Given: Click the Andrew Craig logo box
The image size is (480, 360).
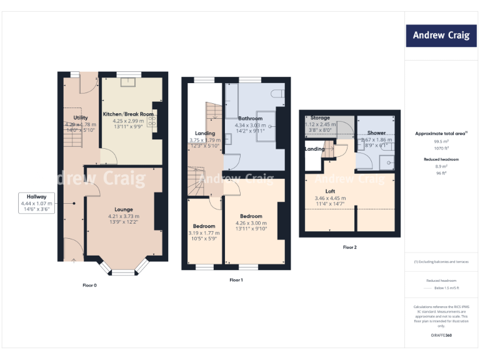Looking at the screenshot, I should (441, 36).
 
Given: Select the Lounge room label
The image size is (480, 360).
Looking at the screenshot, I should (123, 210).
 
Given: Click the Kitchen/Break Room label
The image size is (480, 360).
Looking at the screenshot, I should (128, 114).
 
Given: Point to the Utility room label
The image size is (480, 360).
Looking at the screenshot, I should (81, 117).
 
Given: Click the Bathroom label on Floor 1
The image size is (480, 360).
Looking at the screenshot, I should (250, 118).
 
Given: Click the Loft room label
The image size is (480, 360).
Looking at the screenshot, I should (331, 191).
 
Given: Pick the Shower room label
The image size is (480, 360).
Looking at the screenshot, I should (376, 133).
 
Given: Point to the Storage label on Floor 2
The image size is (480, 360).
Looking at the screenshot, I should (320, 117).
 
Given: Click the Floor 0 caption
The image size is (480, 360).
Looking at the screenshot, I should (90, 285).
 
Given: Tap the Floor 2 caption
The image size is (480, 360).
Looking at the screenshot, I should (349, 247).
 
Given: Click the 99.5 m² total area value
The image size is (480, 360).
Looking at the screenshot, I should (441, 141).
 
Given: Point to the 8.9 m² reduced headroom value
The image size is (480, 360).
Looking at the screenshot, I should (441, 166).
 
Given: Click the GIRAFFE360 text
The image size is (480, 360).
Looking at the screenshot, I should (441, 336).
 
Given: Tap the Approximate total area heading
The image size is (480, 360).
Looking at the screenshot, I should (440, 134).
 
